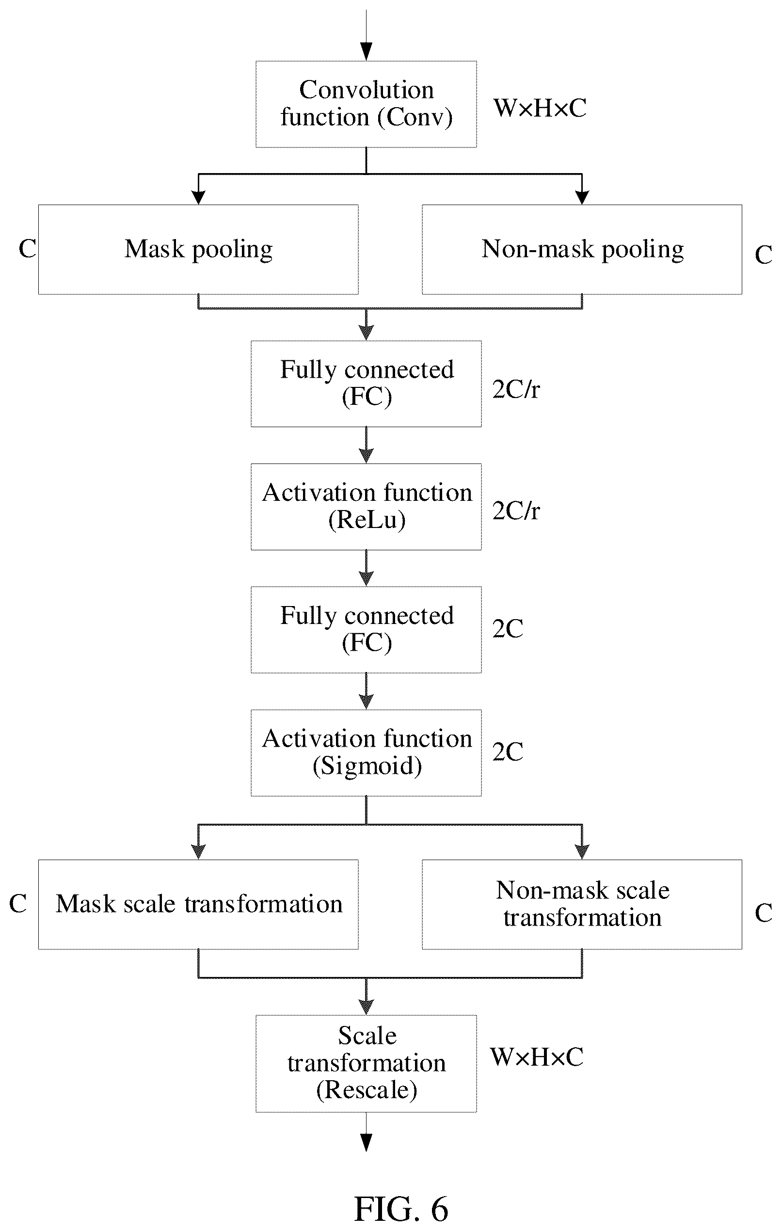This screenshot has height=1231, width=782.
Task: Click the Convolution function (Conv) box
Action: pyautogui.click(x=366, y=104)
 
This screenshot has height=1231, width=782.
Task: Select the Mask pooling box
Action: pyautogui.click(x=198, y=250)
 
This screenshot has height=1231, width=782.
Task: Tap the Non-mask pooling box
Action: pyautogui.click(x=582, y=250)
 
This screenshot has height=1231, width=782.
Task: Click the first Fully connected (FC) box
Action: pyautogui.click(x=366, y=384)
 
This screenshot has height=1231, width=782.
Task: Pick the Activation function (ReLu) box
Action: pyautogui.click(x=366, y=507)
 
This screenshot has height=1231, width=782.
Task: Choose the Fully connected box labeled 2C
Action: pyautogui.click(x=366, y=629)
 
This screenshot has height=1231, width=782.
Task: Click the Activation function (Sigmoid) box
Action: pyautogui.click(x=366, y=752)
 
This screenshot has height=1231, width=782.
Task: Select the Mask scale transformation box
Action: pyautogui.click(x=198, y=904)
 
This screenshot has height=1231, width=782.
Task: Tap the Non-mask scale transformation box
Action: pyautogui.click(x=582, y=904)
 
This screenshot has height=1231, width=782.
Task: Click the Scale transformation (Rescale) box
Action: pyautogui.click(x=366, y=1063)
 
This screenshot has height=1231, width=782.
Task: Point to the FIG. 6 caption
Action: pyautogui.click(x=401, y=1209)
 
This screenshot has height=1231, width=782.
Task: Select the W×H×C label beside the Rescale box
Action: pyautogui.click(x=537, y=1056)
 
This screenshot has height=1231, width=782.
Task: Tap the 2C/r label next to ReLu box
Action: pyautogui.click(x=516, y=510)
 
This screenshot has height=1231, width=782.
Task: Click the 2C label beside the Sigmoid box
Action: pyautogui.click(x=508, y=751)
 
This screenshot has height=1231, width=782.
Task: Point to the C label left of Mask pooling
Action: pyautogui.click(x=27, y=249)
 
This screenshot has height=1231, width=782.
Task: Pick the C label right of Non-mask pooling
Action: pyautogui.click(x=764, y=255)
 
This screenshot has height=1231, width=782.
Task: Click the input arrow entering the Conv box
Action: pyautogui.click(x=366, y=35)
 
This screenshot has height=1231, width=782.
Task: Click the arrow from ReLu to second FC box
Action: pyautogui.click(x=366, y=568)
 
